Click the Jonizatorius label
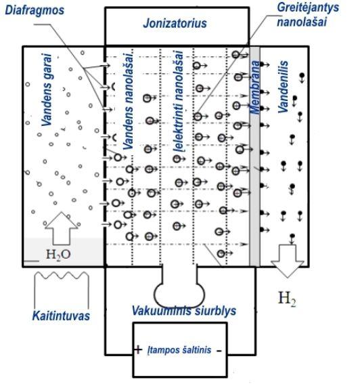175,24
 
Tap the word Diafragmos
35,10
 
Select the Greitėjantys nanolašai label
308,14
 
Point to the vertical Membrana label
255,87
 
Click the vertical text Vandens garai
47,89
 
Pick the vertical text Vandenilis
283,87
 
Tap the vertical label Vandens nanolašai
128,101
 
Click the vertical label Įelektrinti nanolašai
178,102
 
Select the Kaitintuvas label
61,316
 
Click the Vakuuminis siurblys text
184,311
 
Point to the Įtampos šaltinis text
179,349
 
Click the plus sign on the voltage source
138,349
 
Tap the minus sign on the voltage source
219,351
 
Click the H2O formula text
58,254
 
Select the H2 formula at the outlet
287,299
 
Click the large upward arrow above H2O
62,228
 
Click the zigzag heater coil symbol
62,276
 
